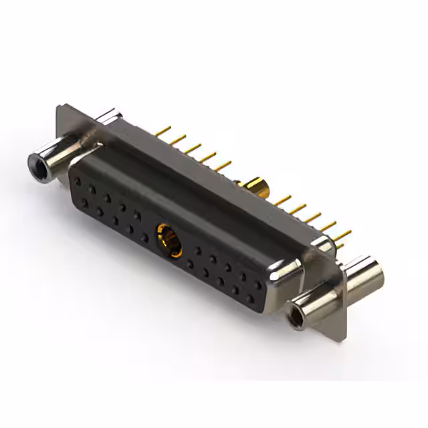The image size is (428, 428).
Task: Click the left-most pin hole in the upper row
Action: [x=78, y=181]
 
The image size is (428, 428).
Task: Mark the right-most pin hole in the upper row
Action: [x=258, y=284]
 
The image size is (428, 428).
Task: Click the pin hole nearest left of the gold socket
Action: [x=144, y=237]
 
